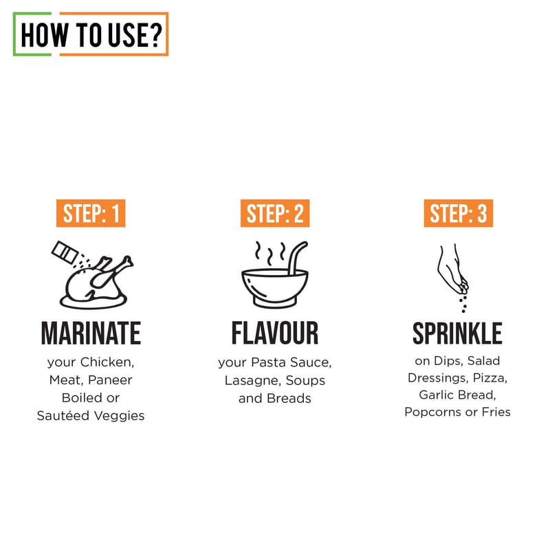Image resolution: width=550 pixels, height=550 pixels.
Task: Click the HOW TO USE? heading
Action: click(91, 35)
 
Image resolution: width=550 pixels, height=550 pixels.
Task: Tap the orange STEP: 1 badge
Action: click(91, 213)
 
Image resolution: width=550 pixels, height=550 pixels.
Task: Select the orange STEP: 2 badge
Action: click(275, 213)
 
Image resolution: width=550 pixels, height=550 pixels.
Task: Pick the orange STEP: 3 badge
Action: click(459, 213)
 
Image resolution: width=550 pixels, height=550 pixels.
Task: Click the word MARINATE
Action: click(91, 333)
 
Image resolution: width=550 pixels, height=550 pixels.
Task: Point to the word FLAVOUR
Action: click(275, 333)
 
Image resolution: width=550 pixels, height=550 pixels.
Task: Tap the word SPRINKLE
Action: click(457, 333)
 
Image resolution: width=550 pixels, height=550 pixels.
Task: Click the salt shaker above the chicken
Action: click(65, 252)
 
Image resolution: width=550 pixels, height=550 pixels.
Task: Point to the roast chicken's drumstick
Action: click(111, 272)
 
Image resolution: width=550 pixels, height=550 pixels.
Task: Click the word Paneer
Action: click(110, 380)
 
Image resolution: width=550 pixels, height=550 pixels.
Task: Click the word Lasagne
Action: click(252, 381)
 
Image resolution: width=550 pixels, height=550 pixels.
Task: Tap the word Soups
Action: click(305, 381)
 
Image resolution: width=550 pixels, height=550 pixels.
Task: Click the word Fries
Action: click(496, 412)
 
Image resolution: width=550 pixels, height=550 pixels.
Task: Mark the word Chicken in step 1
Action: click(107, 362)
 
